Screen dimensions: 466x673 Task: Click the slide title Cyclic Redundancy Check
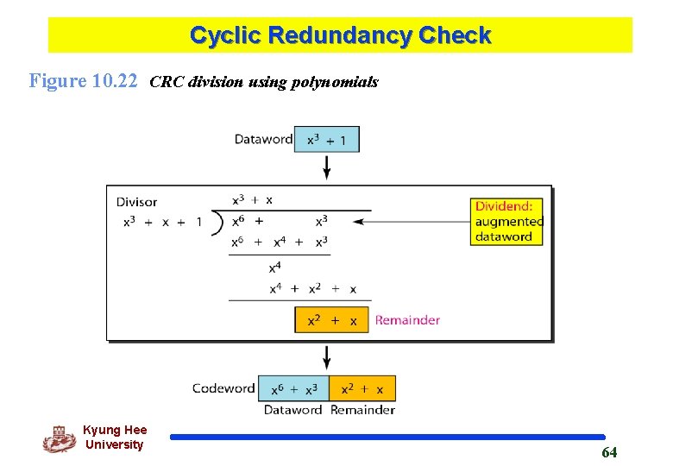340,35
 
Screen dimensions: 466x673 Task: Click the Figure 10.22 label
84,82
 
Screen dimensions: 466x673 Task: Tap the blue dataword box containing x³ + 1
326,139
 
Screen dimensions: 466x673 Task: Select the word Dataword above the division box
263,139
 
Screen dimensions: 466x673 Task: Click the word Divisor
137,202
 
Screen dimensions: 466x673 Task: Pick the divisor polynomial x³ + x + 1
162,222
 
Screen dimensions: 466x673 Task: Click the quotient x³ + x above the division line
253,200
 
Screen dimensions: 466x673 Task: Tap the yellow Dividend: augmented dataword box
508,222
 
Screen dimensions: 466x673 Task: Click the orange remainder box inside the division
331,320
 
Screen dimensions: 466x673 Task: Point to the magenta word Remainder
407,320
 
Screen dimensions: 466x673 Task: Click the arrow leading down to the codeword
326,357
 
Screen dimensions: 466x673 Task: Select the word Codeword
223,388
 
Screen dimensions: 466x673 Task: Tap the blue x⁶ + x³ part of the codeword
293,388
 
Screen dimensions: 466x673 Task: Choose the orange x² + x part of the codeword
362,388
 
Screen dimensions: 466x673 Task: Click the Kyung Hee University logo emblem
59,438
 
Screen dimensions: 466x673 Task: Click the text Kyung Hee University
115,438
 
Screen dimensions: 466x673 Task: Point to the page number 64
609,452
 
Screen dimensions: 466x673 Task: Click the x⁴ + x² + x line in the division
312,289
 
